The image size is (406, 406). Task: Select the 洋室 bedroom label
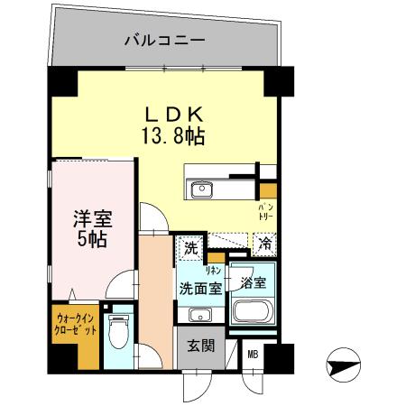click(92, 219)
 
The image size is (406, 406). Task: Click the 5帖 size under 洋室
click(92, 242)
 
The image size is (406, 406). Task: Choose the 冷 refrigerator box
click(264, 243)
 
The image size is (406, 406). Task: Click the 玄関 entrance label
click(200, 346)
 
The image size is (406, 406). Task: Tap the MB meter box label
click(254, 354)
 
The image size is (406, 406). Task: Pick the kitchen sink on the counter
click(200, 189)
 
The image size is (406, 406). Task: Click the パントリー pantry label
click(269, 213)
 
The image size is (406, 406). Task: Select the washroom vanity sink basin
click(200, 315)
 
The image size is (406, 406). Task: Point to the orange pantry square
click(268, 190)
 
